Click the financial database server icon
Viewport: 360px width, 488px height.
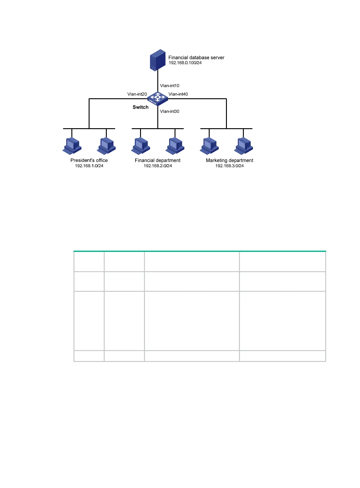158,60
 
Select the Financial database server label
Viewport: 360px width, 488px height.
196,57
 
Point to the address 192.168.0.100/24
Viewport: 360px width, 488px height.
185,63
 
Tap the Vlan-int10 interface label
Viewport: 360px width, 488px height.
170,86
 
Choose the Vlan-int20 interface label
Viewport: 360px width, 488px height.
137,94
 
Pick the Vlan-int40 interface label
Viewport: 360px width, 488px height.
178,94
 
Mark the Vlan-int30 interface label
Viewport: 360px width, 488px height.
170,111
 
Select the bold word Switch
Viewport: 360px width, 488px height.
140,107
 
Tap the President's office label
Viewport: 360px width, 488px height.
89,160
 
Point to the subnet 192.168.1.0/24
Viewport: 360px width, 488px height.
89,166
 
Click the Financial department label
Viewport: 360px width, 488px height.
158,160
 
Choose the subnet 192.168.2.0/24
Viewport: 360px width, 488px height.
158,166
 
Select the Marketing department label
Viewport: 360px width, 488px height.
229,160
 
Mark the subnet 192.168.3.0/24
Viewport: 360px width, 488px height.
229,166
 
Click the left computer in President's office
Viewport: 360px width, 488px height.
72,146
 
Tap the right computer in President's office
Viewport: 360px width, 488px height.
106,146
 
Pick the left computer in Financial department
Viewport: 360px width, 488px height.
141,146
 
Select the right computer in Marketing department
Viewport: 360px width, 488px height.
244,146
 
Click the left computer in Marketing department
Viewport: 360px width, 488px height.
209,146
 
